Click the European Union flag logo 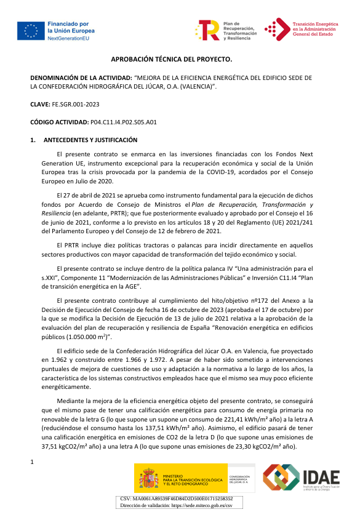pyautogui.click(x=30, y=31)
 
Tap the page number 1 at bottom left pyautogui.click(x=32, y=460)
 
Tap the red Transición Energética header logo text pyautogui.click(x=313, y=29)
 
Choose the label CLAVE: pyautogui.click(x=46, y=105)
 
